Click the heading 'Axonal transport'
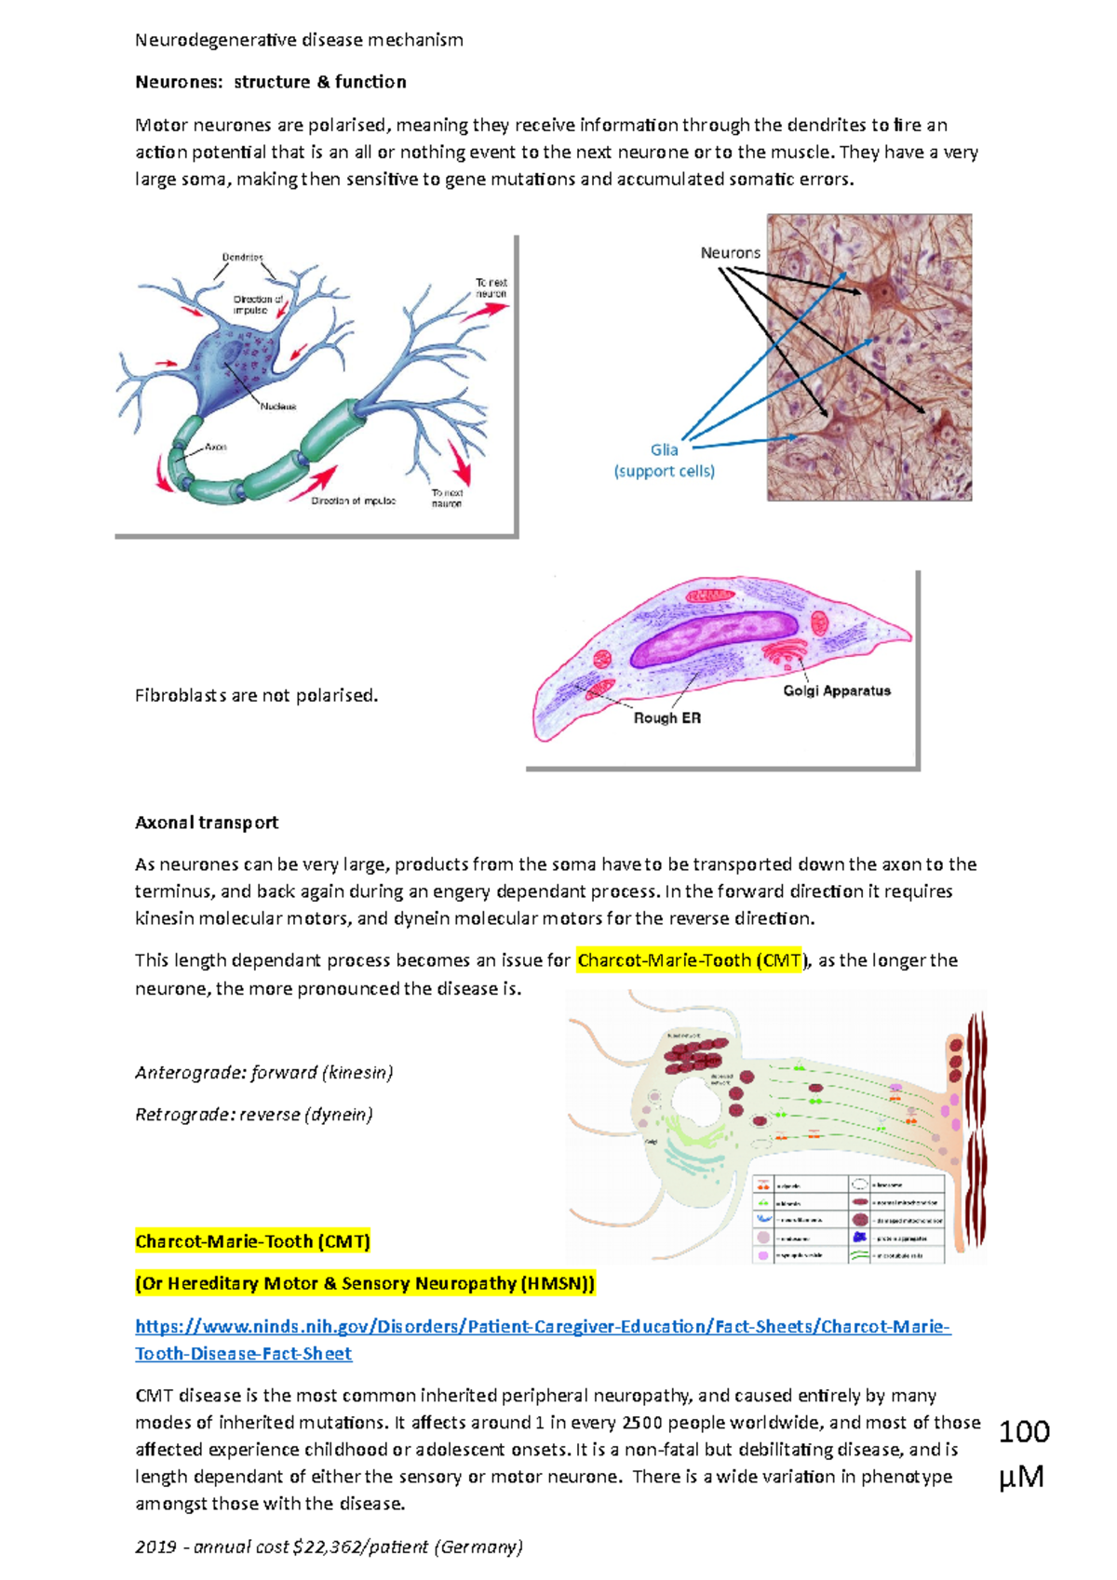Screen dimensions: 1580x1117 [x=207, y=823]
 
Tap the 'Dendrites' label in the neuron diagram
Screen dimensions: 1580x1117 [x=242, y=257]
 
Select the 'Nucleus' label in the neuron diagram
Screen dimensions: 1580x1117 [x=277, y=407]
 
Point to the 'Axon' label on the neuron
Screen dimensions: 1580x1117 [x=216, y=447]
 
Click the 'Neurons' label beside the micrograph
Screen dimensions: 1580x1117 [x=730, y=253]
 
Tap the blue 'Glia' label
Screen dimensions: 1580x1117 [x=664, y=449]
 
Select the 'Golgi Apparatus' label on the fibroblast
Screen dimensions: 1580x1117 [x=836, y=690]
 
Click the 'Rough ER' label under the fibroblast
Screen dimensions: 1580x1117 [x=666, y=718]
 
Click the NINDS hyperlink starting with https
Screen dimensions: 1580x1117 [x=542, y=1327]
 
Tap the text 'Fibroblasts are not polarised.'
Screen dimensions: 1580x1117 [x=256, y=695]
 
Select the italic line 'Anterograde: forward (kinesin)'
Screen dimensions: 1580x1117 [x=263, y=1073]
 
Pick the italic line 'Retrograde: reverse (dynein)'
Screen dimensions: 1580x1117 [x=253, y=1115]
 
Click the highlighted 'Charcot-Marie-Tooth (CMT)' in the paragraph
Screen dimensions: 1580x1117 [x=690, y=960]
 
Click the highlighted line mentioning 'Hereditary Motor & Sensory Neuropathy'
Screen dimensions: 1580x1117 [x=365, y=1284]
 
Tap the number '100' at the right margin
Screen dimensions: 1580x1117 [x=1024, y=1431]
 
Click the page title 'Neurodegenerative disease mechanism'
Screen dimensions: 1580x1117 [x=299, y=40]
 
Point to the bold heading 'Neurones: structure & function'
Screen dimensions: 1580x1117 [x=271, y=82]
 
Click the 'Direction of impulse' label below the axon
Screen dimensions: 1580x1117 [x=353, y=501]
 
